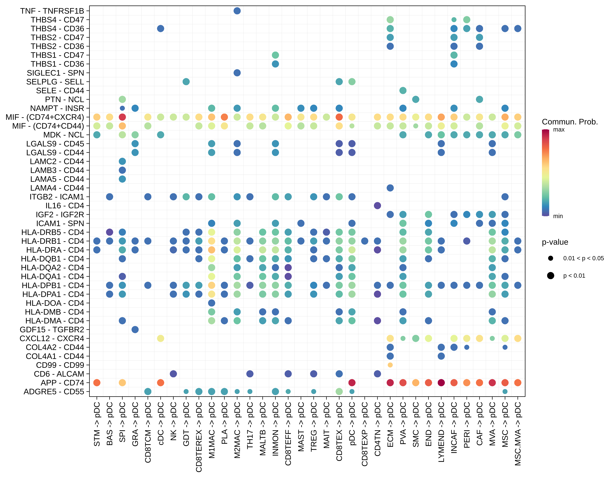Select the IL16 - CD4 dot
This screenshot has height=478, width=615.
(377, 205)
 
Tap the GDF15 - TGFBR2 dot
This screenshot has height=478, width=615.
(135, 330)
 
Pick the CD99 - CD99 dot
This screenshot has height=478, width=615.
(390, 365)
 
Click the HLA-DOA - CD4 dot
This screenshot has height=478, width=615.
(211, 303)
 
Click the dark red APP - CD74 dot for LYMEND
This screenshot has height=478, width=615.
(441, 383)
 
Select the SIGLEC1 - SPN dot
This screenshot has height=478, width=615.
(237, 73)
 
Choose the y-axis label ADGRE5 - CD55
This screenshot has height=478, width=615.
(54, 392)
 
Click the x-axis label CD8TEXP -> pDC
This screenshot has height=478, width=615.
(365, 434)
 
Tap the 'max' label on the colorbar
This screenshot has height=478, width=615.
(559, 130)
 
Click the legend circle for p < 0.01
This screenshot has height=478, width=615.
(550, 276)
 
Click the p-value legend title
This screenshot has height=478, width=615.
(555, 242)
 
